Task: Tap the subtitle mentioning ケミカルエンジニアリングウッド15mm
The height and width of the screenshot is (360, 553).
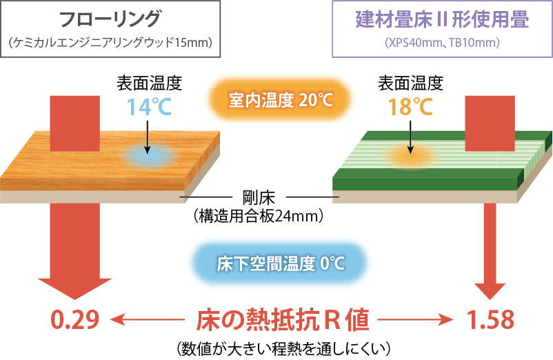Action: coord(110,43)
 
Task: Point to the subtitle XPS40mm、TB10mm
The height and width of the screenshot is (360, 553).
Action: coord(442,43)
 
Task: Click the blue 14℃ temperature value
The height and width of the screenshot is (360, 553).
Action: coord(148,106)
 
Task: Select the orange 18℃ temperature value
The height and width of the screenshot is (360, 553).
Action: coord(410,108)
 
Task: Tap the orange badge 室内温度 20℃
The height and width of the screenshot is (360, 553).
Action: coord(280,101)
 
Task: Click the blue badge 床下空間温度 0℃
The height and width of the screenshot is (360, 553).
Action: coord(280,263)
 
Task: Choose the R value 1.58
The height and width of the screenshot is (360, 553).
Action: coord(490,320)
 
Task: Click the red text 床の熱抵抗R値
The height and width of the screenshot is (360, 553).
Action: coord(283,320)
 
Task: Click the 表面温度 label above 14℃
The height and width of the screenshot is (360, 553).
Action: coord(148,83)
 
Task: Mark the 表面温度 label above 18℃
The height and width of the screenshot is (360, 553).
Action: coord(410,83)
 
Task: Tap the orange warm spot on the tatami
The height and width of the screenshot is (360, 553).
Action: coord(409,157)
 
